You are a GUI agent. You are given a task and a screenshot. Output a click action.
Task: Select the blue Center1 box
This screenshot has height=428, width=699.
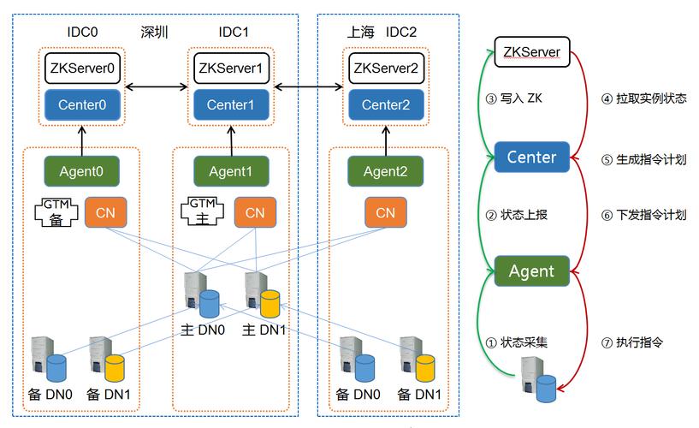tap(229, 105)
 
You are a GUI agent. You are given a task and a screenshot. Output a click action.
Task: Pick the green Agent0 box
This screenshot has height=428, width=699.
tap(81, 171)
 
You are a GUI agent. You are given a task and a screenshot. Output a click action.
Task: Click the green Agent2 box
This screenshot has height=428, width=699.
tap(385, 171)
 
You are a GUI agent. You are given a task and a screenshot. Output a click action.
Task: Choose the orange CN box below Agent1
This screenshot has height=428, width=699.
tap(255, 213)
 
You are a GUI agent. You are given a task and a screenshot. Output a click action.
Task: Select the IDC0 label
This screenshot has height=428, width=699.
tap(82, 33)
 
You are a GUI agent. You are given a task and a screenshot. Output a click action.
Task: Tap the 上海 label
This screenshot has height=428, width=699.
tap(362, 33)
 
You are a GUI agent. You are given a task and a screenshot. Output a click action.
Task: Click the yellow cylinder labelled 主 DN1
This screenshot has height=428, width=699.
tap(270, 303)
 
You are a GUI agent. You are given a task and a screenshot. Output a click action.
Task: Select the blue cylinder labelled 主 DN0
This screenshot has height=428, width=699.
tap(210, 303)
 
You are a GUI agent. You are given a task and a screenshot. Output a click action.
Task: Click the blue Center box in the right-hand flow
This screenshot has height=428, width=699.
tap(531, 157)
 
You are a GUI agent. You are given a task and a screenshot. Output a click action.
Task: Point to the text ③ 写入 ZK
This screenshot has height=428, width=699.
tap(513, 98)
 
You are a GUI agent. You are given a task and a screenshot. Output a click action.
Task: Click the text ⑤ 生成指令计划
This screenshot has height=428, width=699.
tap(643, 159)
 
